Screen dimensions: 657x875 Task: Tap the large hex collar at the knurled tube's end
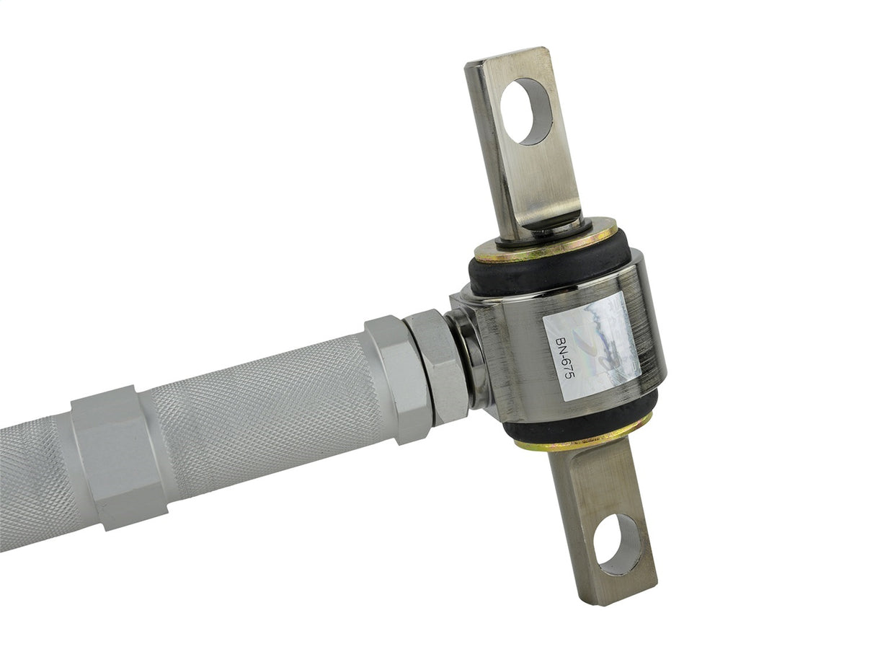(398, 378)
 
